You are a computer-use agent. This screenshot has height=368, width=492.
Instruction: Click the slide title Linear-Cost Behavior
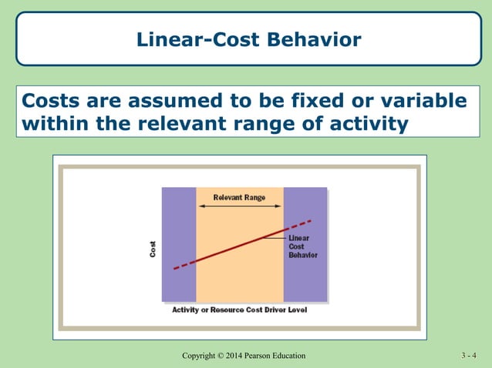(248, 39)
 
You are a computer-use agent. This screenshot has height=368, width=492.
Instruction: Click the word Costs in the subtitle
(57, 102)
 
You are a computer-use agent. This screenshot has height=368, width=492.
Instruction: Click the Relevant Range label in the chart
(239, 198)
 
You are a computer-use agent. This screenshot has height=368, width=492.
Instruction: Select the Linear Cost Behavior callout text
(302, 246)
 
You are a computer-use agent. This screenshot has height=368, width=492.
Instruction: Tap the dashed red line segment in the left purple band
(184, 264)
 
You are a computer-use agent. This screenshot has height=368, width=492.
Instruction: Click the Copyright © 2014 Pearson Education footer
(244, 355)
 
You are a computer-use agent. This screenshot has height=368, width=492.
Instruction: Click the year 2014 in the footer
(233, 355)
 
